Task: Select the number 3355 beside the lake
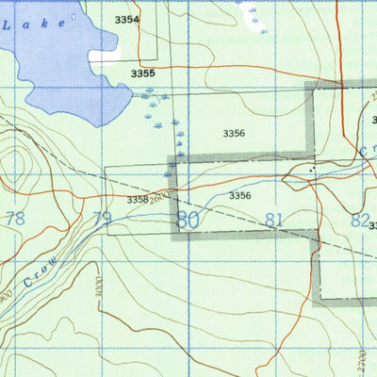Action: pos(142,74)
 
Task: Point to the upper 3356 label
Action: pos(234,134)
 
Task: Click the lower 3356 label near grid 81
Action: pos(240,195)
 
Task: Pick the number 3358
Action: pos(138,200)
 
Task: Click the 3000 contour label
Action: pos(98,287)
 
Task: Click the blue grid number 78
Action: pos(15,219)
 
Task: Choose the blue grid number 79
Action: pos(103,220)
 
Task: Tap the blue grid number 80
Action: pos(188,220)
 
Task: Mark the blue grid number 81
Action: pos(274,220)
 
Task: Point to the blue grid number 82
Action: pos(359,220)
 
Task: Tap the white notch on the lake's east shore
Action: pos(104,56)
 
